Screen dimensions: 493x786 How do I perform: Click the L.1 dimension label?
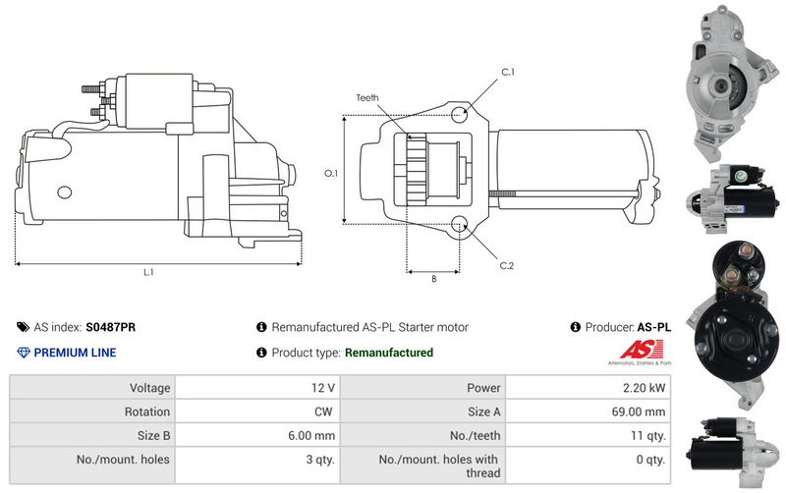(x=147, y=272)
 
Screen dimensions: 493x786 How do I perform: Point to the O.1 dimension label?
(x=331, y=173)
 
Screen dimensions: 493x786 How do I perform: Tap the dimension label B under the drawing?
(x=433, y=278)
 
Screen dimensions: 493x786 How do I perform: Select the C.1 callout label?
(x=508, y=73)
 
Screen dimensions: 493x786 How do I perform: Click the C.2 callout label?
(x=507, y=265)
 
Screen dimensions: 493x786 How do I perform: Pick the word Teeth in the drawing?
(x=367, y=98)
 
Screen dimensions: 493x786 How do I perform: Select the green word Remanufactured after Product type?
(x=389, y=353)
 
